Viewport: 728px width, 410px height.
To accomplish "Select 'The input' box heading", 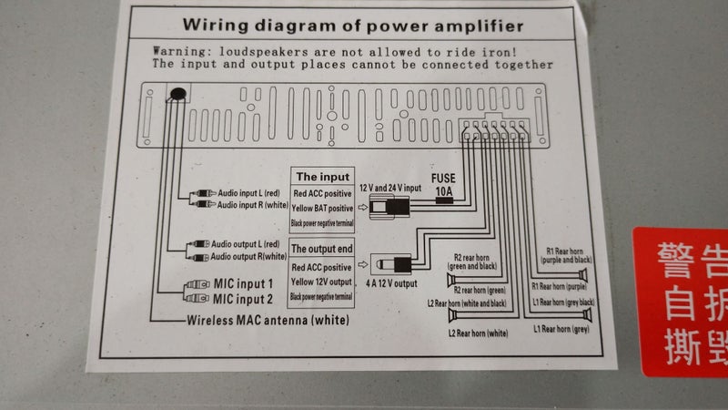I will coord(321,177).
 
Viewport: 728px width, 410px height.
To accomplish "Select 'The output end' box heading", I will coord(321,249).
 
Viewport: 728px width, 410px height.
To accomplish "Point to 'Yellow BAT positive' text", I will coord(322,209).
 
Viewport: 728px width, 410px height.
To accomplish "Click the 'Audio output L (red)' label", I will coord(248,244).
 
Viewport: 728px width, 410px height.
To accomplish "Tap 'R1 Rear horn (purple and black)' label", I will coord(570,255).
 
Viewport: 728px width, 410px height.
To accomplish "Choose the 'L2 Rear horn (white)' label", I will coord(478,334).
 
